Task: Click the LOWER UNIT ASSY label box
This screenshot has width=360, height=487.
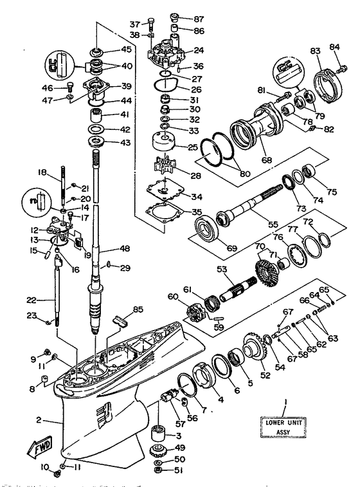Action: (x=283, y=427)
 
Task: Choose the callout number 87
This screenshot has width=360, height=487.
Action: (x=198, y=19)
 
